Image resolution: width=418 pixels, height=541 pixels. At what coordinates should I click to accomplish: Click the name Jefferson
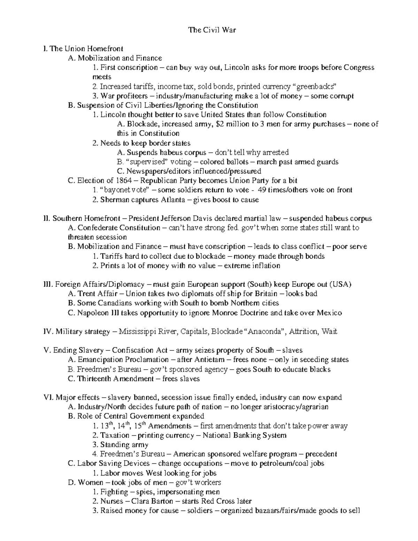[176, 218]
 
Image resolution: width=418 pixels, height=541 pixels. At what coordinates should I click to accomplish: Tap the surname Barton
[160, 501]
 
